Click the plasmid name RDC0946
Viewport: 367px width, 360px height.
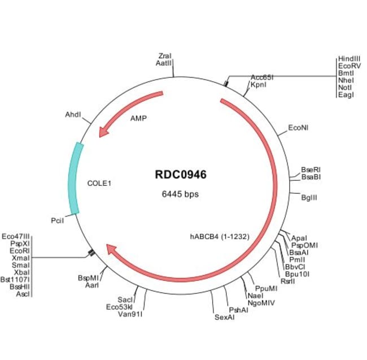[181, 175]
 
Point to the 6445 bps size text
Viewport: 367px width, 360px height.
[181, 194]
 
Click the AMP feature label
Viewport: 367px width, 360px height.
[138, 119]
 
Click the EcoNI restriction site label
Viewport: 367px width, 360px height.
[298, 128]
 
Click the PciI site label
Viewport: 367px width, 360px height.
[57, 220]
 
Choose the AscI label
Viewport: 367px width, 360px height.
[23, 294]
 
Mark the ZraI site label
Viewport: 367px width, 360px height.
[165, 56]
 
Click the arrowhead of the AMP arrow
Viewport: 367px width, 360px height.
[102, 132]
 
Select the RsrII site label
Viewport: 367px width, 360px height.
[287, 281]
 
